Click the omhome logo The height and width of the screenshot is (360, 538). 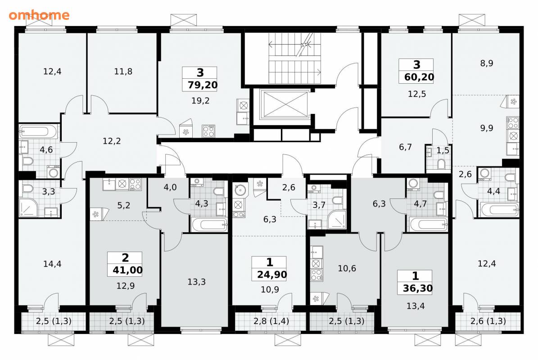tap(39, 15)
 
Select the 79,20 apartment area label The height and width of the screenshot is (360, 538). tap(203, 85)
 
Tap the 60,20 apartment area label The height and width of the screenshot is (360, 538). tap(419, 77)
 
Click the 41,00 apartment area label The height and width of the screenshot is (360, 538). tap(127, 270)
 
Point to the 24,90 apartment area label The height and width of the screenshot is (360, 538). tap(272, 274)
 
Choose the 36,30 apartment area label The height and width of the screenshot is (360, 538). tap(417, 288)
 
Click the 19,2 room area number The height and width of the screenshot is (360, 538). tap(200, 101)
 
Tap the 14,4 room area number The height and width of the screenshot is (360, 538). tap(52, 264)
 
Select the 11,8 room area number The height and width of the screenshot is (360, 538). tap(123, 72)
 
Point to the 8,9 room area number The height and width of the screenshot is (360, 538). tap(487, 63)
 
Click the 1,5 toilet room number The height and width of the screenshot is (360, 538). tap(443, 150)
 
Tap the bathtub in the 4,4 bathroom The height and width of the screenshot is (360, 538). tap(499, 210)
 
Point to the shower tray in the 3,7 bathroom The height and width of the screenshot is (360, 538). tap(337, 220)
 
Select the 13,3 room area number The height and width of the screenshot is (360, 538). tap(197, 282)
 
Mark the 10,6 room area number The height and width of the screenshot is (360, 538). tap(347, 269)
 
